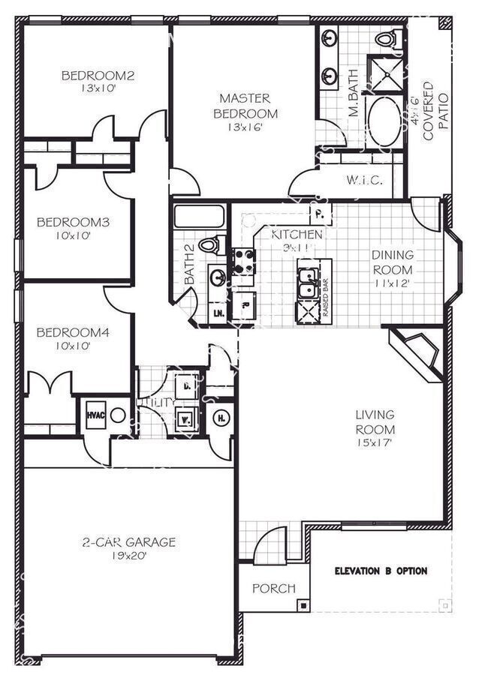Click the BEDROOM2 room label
(98, 75)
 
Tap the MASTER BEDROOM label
(245, 106)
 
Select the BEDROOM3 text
(74, 222)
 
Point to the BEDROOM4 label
(74, 332)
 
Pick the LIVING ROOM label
(375, 422)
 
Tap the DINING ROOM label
(392, 262)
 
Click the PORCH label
(273, 589)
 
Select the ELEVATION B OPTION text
(381, 571)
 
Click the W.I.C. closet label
(365, 180)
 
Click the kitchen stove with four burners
(243, 260)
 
